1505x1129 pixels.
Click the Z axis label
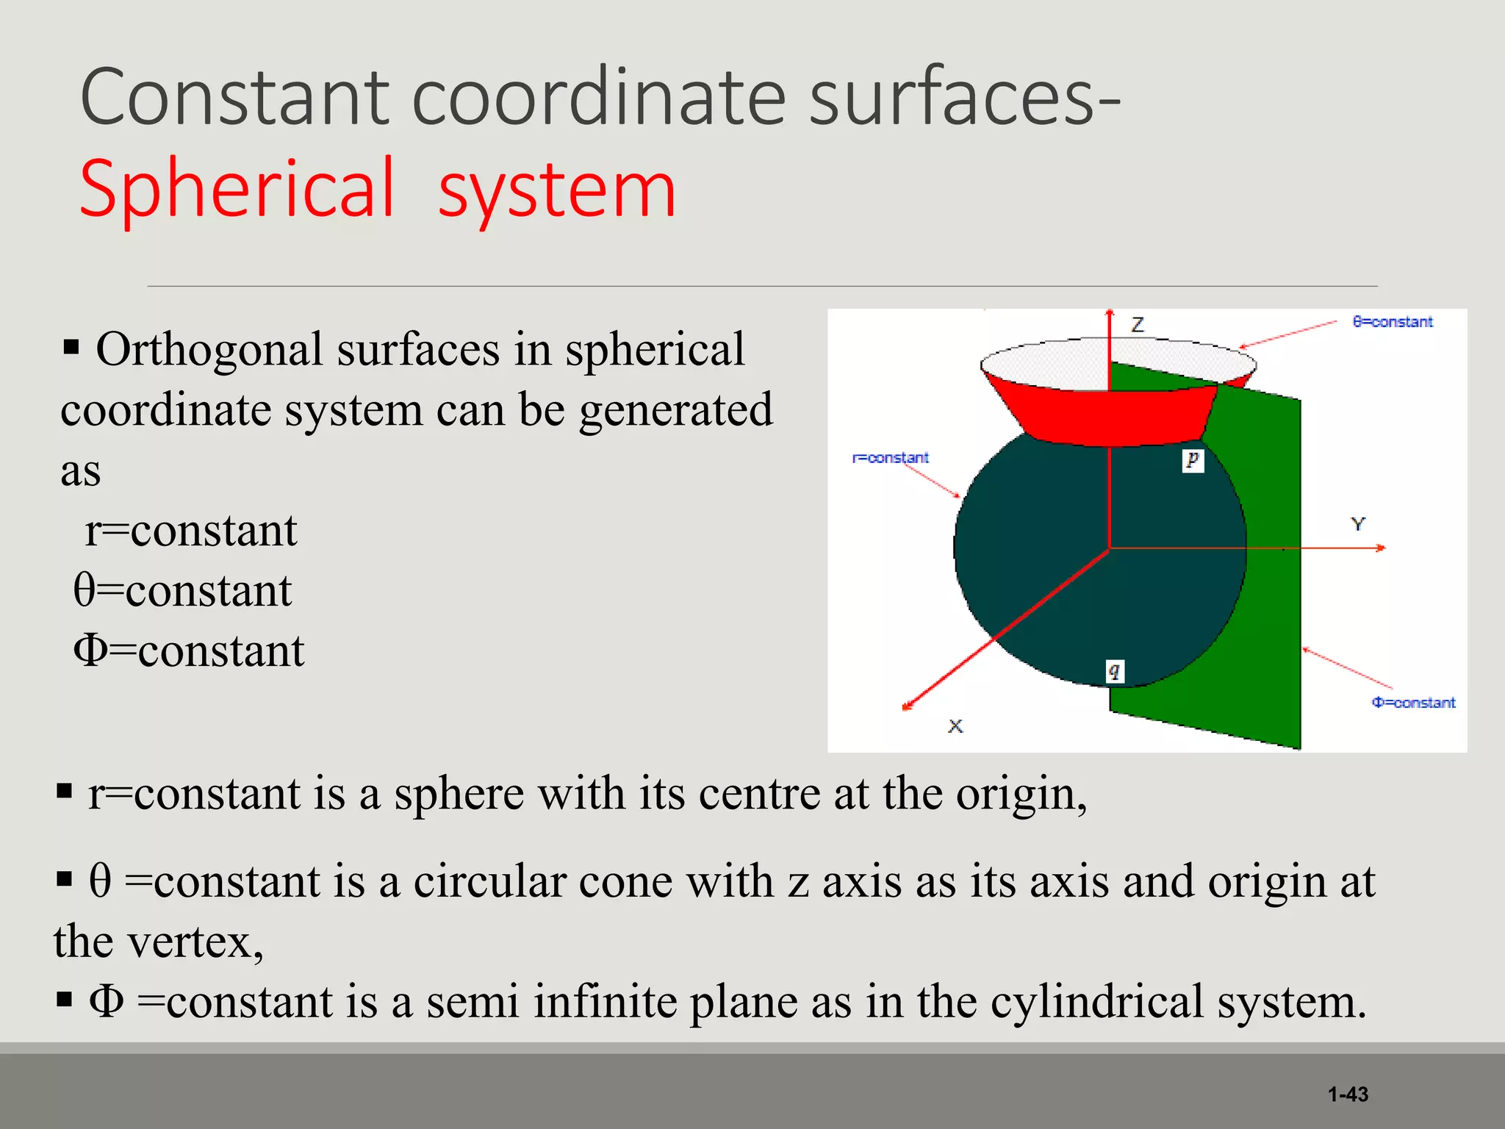coord(1138,324)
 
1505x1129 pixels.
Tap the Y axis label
coord(1357,524)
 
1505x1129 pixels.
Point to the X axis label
coord(955,726)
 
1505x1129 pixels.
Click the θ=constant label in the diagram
coord(1393,322)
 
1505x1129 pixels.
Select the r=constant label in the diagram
coord(890,458)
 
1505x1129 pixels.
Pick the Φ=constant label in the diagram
coord(1413,703)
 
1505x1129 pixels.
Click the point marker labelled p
coord(1193,460)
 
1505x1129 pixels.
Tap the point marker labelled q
coord(1115,671)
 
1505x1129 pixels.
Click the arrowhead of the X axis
coord(907,706)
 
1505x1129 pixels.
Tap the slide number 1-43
coord(1348,1094)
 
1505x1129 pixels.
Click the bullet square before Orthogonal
coord(71,347)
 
